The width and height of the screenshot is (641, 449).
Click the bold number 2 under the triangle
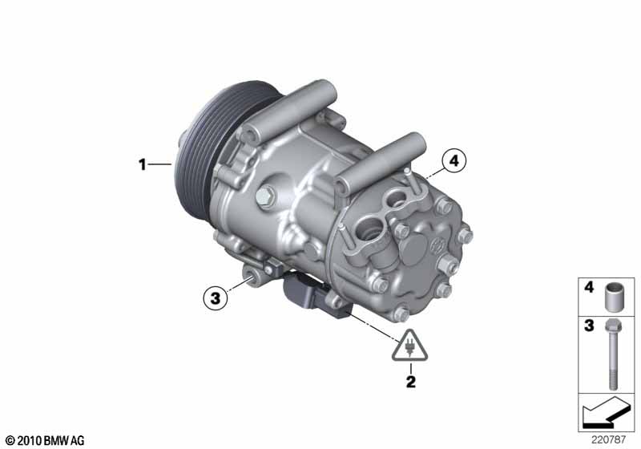click(x=410, y=382)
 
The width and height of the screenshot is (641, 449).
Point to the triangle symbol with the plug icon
click(x=409, y=346)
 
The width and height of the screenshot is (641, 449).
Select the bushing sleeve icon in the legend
click(x=615, y=294)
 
